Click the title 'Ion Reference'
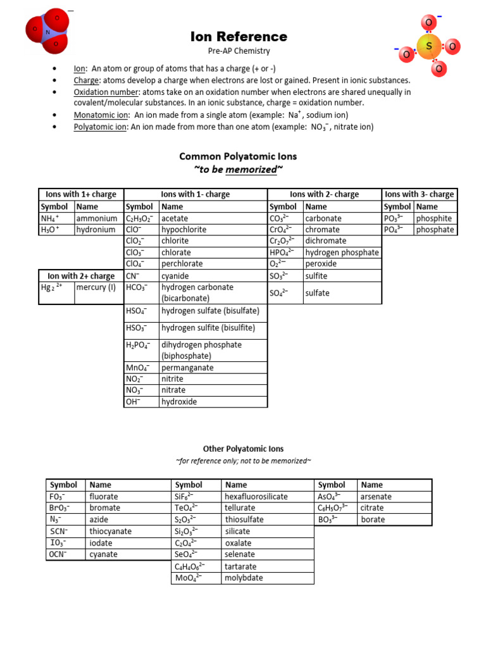(239, 37)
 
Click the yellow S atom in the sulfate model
(429, 46)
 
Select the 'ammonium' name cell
(96, 218)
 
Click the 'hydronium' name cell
(96, 230)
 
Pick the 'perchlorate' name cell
(182, 264)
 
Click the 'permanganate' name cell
(187, 368)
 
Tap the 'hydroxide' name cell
(179, 402)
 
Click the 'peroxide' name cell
(321, 264)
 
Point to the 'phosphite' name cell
(434, 218)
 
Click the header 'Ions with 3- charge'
(419, 194)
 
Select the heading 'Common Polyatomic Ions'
(238, 156)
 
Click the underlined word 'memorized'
(251, 170)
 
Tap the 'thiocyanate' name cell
(111, 532)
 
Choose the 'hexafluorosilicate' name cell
(256, 497)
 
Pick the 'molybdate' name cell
(244, 578)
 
